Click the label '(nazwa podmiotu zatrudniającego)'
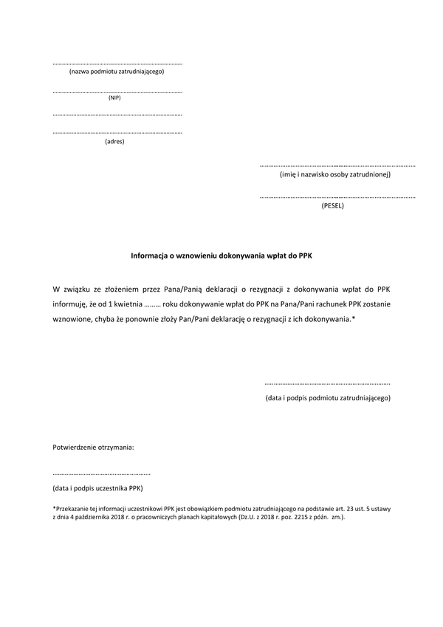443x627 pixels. click(x=116, y=72)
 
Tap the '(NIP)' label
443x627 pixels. click(x=114, y=97)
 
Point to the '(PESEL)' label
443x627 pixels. click(x=332, y=206)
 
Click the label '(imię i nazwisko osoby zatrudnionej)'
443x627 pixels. click(x=335, y=175)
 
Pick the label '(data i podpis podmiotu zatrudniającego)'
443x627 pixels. click(x=328, y=398)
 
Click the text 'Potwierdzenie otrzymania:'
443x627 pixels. click(x=93, y=448)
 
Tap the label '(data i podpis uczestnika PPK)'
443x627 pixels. click(x=97, y=488)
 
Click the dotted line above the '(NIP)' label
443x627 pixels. click(x=117, y=92)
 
